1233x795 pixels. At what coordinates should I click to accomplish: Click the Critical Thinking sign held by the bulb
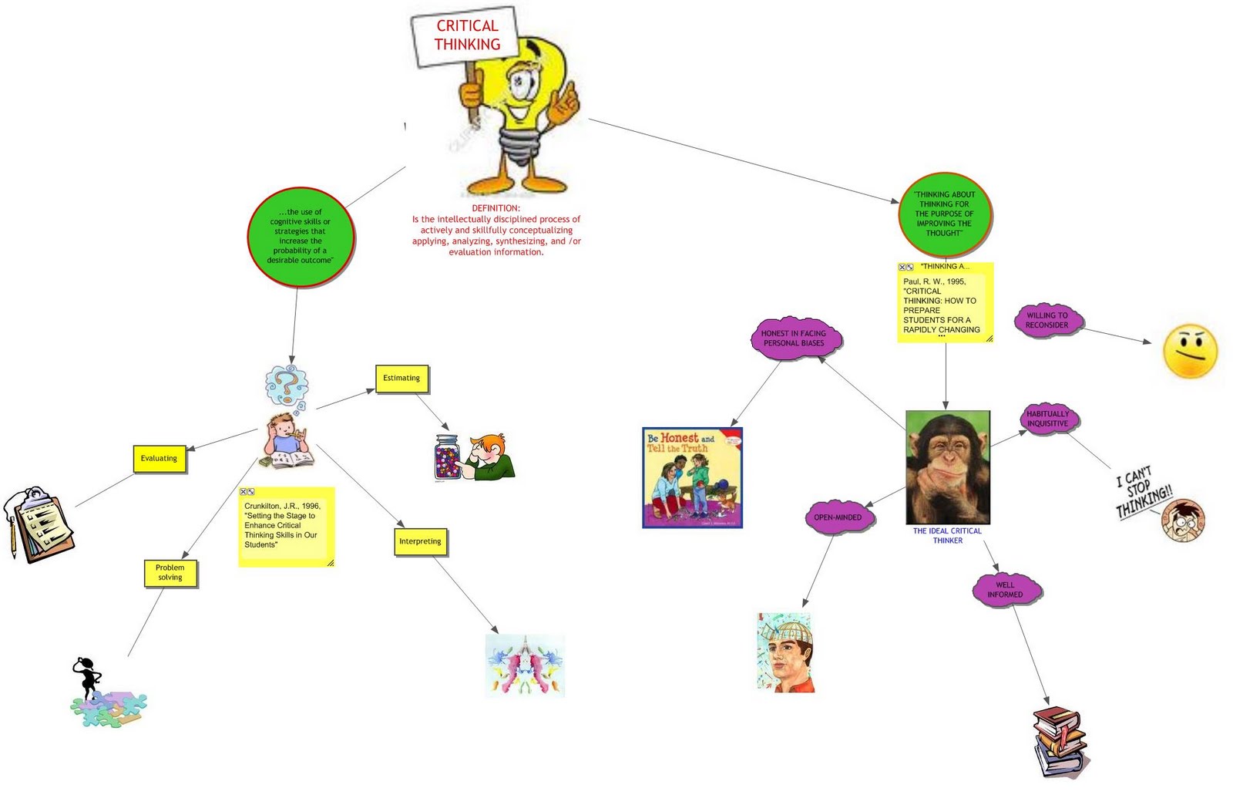467,36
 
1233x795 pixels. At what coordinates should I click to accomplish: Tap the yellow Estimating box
401,378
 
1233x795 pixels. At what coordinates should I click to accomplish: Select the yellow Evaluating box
159,458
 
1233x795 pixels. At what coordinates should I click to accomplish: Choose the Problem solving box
170,572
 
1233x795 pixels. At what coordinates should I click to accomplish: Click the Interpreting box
420,541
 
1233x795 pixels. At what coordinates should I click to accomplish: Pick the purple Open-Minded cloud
838,517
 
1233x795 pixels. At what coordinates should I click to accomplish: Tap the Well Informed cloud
1006,590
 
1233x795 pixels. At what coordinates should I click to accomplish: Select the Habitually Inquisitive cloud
1048,419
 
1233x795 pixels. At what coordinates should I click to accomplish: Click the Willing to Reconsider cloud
1047,320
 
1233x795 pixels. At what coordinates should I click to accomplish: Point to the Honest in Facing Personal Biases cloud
794,339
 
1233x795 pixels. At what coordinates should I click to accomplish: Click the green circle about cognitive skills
301,237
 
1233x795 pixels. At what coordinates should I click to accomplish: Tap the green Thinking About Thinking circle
944,214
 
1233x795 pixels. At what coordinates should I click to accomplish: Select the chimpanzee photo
947,467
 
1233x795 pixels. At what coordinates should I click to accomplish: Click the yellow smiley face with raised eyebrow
1190,352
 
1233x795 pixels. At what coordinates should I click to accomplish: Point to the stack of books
1060,742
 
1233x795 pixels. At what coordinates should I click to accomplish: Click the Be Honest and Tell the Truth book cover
692,477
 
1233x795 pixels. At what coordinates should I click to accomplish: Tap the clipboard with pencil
40,524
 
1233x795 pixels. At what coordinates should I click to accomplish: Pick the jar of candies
448,458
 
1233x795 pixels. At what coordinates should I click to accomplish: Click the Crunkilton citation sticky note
286,527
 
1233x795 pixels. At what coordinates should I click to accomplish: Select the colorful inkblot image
526,665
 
